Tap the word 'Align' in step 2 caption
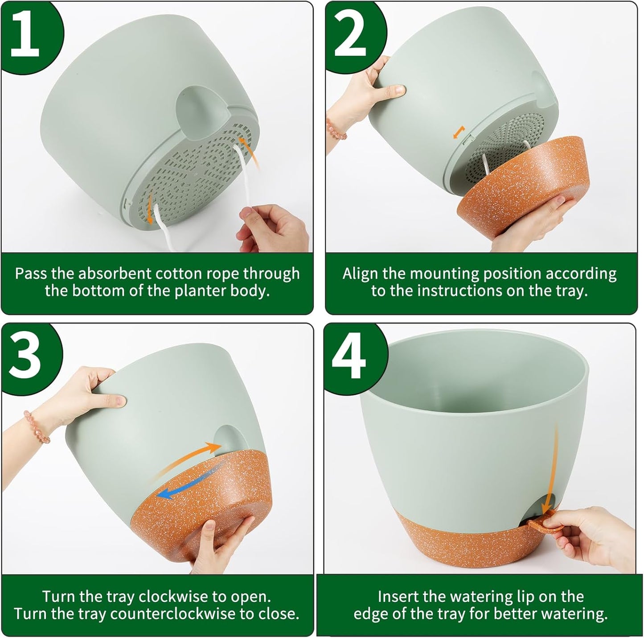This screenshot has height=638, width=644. (359, 273)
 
